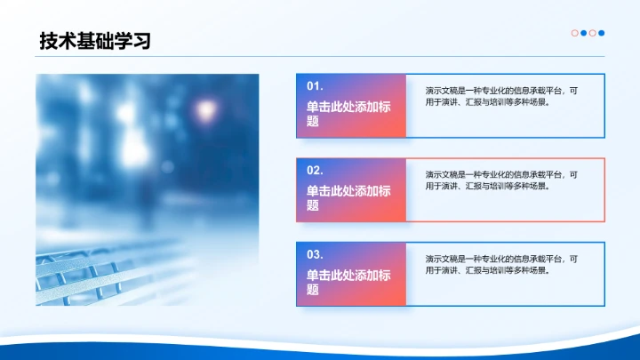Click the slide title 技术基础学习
tap(95, 40)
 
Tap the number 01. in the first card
tap(315, 86)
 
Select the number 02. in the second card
tap(315, 170)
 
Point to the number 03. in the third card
tap(315, 254)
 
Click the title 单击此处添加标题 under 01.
tap(348, 113)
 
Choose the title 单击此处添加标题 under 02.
tap(348, 196)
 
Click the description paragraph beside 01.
tap(501, 96)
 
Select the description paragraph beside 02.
tap(501, 180)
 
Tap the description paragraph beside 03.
tap(501, 264)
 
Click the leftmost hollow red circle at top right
tap(575, 34)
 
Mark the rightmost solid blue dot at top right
tap(602, 34)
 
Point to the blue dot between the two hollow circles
tap(584, 34)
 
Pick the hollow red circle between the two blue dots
tap(593, 34)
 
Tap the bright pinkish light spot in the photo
tap(205, 110)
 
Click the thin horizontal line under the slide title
tap(320, 57)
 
